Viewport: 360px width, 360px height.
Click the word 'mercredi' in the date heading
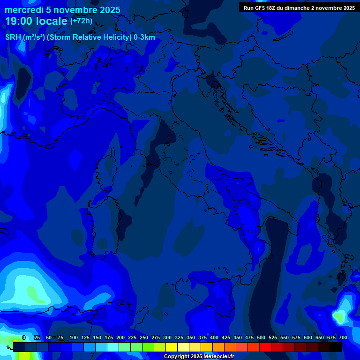(24, 10)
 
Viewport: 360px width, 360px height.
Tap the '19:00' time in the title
(18, 21)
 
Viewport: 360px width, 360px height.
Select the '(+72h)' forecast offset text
(81, 21)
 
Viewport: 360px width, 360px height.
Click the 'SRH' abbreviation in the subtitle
(13, 37)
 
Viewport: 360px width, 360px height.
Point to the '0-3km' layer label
(144, 37)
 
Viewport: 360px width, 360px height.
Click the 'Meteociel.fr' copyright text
(216, 357)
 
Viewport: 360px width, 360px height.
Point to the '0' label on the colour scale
(24, 337)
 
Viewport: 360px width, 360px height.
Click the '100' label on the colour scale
(74, 337)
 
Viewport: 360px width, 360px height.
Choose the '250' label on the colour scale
(144, 337)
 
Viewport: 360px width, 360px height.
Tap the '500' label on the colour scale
(261, 337)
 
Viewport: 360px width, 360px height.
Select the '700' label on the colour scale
(343, 337)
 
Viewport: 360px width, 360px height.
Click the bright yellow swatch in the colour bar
(172, 347)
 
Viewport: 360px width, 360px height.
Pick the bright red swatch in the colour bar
(265, 347)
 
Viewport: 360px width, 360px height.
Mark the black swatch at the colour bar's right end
(336, 347)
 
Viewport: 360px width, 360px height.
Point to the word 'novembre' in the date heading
(76, 10)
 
